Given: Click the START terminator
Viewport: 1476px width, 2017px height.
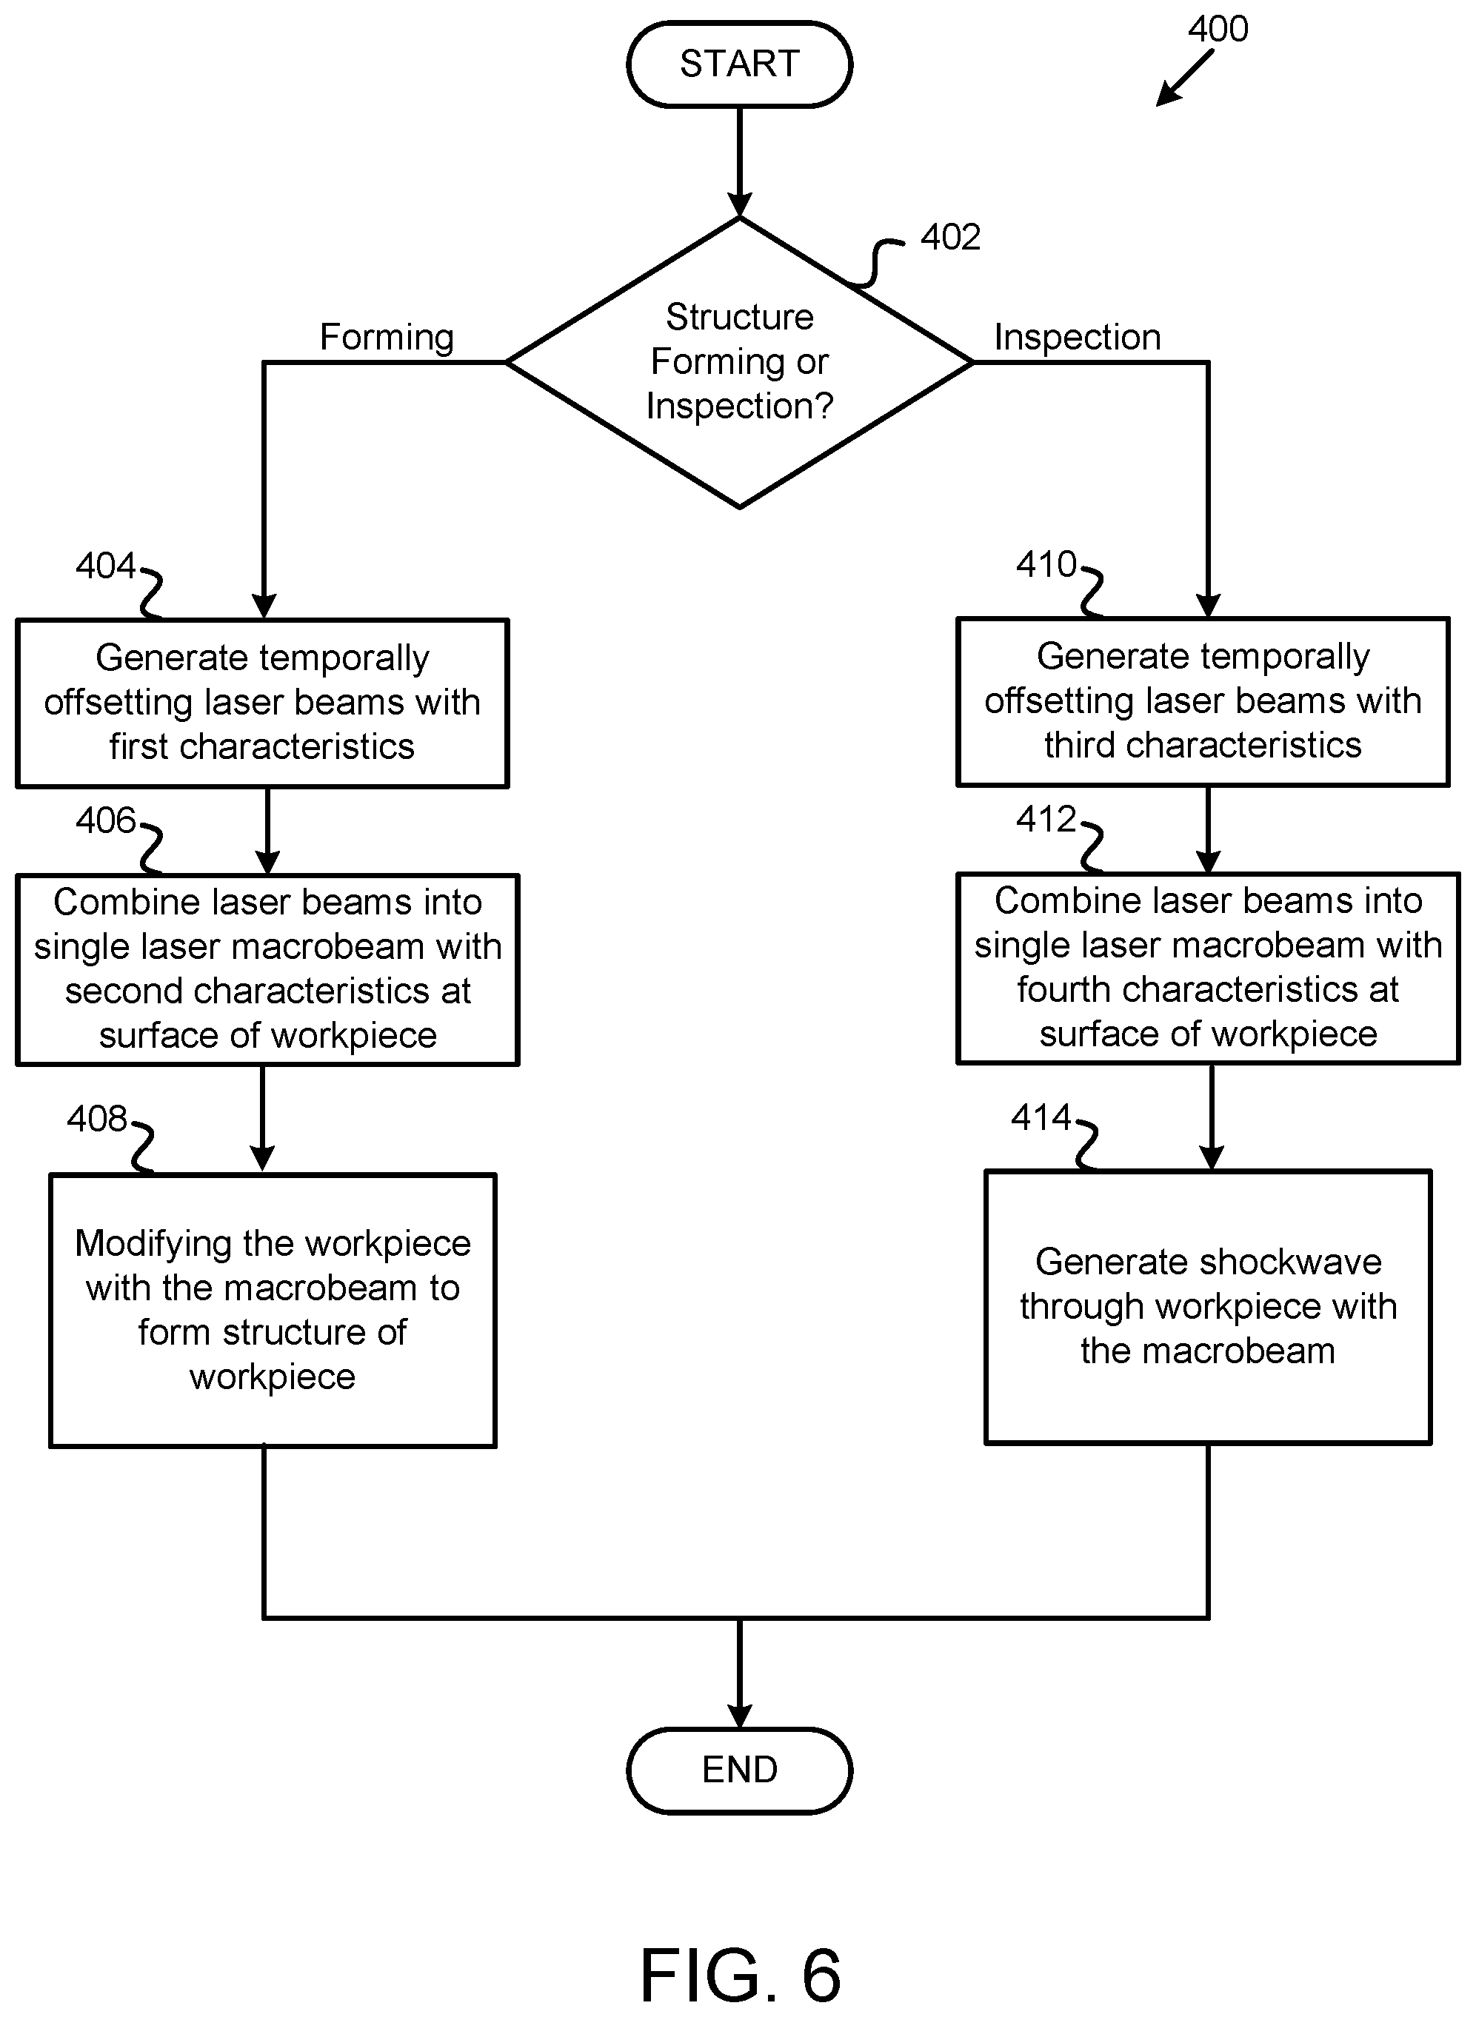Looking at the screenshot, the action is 739,64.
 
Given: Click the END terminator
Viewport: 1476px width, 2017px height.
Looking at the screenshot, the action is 739,1770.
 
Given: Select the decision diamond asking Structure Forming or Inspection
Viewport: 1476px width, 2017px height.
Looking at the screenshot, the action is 739,363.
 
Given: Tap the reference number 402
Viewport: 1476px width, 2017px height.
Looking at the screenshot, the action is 951,237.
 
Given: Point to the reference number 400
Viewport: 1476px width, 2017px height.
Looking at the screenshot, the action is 1218,29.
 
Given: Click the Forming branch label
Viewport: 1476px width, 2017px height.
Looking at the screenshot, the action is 387,338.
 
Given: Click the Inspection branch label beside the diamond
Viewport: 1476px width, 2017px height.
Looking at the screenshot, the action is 1078,338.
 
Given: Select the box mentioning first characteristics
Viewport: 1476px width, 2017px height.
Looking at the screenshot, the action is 263,703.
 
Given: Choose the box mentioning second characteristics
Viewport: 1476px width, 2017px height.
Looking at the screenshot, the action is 267,969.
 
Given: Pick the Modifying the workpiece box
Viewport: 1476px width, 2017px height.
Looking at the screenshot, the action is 273,1310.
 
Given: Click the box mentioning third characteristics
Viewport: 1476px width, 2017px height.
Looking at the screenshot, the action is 1203,701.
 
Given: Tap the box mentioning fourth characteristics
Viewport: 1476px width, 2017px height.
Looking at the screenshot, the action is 1208,968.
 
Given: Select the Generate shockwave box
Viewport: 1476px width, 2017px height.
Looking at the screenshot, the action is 1208,1306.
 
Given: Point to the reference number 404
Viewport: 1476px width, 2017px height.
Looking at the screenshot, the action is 105,566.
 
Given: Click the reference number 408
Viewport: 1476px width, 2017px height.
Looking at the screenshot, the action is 97,1118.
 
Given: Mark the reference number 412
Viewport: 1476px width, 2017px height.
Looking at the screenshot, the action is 1046,819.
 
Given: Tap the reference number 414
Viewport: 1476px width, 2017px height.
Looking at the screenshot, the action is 1041,1117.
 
